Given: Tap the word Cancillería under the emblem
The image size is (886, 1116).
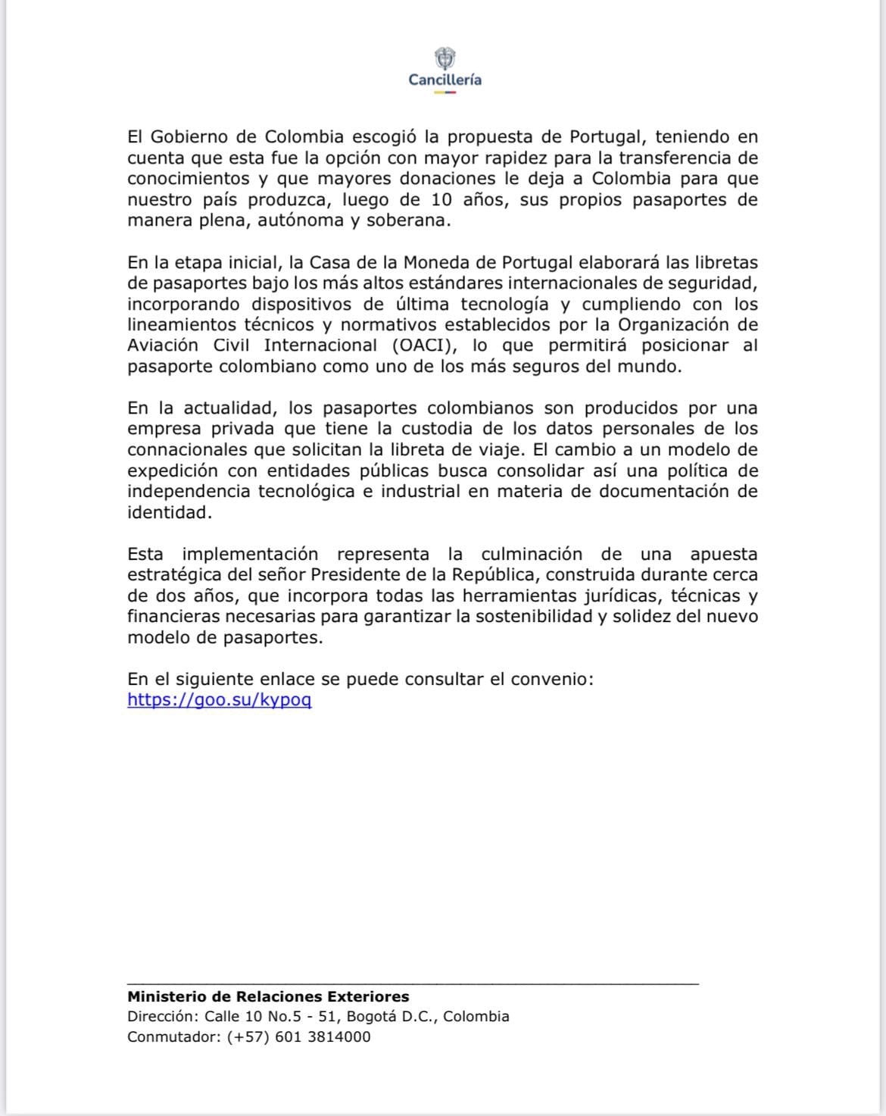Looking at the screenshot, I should (445, 80).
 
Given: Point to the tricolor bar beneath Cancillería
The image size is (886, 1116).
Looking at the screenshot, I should (445, 92).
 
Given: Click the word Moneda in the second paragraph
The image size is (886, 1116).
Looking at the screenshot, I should (440, 262).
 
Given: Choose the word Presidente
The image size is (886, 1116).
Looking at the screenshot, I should (354, 575).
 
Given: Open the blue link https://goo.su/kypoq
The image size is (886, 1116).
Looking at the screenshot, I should (220, 699).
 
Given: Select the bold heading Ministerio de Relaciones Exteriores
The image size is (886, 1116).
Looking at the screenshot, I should (268, 997).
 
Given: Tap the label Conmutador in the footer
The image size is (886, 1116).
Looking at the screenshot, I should (173, 1037).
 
